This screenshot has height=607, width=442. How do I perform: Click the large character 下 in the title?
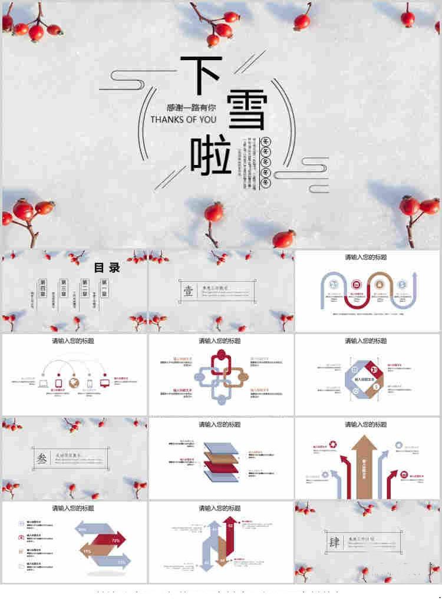click(x=200, y=75)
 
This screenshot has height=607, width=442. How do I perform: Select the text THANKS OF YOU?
click(x=183, y=120)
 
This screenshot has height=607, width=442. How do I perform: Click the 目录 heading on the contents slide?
click(x=107, y=268)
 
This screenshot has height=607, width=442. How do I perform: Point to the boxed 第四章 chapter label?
click(x=42, y=283)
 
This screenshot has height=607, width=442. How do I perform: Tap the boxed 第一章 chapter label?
click(x=104, y=283)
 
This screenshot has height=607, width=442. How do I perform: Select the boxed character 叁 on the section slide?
click(x=41, y=459)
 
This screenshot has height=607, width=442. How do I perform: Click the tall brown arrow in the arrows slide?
click(x=365, y=466)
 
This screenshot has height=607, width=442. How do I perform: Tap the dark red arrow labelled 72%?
click(x=106, y=539)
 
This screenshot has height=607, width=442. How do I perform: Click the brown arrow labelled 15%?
click(x=94, y=551)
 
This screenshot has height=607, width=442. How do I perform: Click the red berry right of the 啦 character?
click(x=214, y=211)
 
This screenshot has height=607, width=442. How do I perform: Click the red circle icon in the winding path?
click(x=356, y=284)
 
